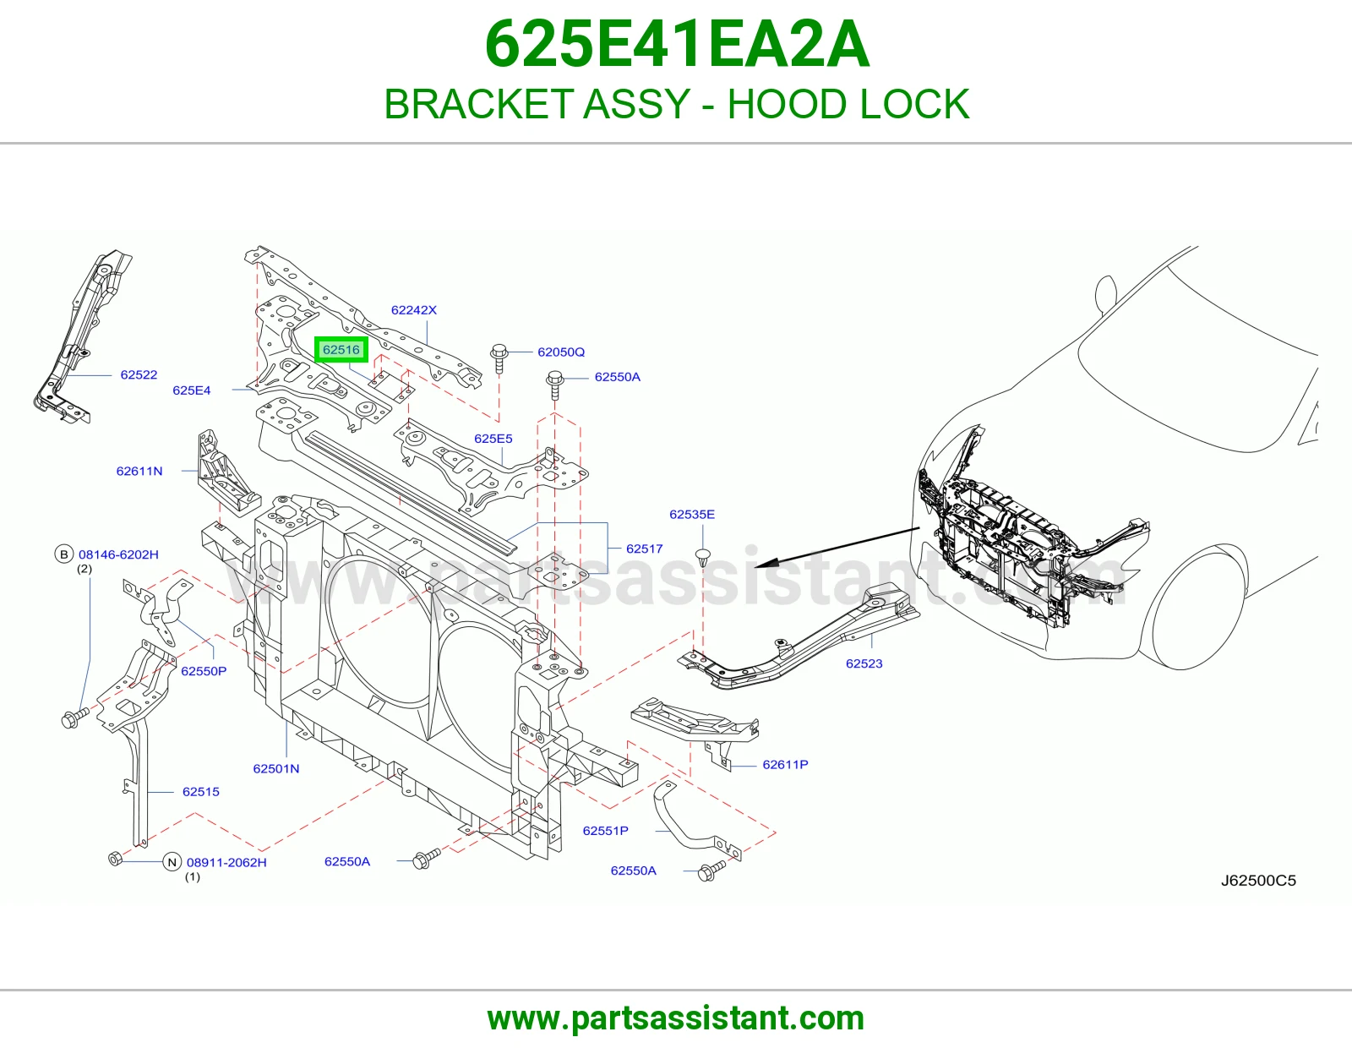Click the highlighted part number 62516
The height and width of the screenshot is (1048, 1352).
point(341,350)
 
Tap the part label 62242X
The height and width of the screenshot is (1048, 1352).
point(414,310)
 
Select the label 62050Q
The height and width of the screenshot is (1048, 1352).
point(561,352)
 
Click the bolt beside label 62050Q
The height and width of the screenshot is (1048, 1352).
point(499,358)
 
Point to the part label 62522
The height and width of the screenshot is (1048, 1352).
point(139,374)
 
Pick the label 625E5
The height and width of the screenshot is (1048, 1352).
point(493,439)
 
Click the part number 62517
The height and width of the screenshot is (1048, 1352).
point(645,549)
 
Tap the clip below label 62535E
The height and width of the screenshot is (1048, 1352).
point(703,557)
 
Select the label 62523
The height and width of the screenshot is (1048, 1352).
point(864,663)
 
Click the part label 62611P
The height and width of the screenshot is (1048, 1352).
point(785,764)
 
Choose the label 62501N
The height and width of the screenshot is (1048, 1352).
point(276,768)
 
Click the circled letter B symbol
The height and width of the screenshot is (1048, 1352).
point(64,554)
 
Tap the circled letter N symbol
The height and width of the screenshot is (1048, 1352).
point(172,862)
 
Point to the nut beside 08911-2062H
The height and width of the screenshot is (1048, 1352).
point(115,858)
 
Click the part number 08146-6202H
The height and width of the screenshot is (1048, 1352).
point(118,554)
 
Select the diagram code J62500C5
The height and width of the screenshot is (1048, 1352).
point(1258,881)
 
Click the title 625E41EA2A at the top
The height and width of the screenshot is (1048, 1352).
point(676,45)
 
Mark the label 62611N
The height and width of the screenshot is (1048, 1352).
point(139,471)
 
